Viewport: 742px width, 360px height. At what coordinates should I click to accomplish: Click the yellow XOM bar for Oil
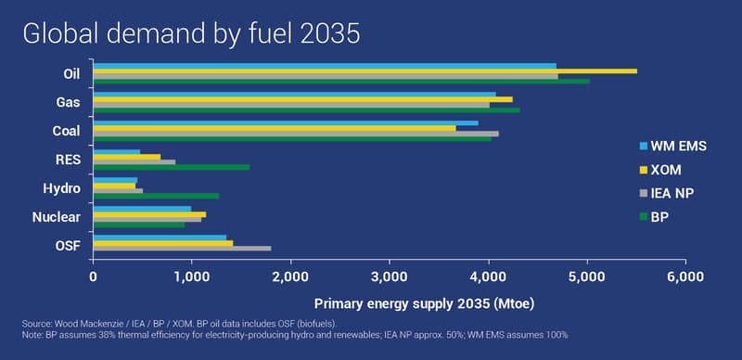click(x=365, y=71)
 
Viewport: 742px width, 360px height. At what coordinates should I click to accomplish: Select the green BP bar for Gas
click(x=307, y=109)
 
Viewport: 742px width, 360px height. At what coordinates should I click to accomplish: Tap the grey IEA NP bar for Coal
click(x=296, y=134)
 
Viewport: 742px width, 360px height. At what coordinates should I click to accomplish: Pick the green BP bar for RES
click(x=172, y=167)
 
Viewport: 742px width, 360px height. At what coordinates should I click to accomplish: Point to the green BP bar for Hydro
click(x=157, y=196)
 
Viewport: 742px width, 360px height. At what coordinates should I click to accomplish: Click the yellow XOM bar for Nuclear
click(x=150, y=214)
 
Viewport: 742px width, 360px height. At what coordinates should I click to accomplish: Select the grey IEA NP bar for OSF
click(x=183, y=249)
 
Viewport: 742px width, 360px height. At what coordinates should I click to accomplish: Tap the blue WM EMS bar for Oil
click(x=326, y=66)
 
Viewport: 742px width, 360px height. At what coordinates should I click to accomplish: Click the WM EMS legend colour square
click(x=643, y=147)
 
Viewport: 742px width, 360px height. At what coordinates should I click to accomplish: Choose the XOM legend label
click(x=666, y=170)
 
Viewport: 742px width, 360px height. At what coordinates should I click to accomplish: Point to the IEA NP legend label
click(x=672, y=193)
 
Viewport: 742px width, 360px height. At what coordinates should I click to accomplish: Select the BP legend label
click(x=659, y=217)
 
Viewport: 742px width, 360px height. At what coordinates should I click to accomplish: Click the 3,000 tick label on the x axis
click(x=390, y=276)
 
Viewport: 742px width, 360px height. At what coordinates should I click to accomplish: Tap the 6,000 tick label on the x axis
click(x=685, y=276)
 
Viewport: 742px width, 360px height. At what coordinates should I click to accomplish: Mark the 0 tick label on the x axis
click(x=94, y=276)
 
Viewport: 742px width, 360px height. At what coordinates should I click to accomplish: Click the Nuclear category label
click(x=57, y=217)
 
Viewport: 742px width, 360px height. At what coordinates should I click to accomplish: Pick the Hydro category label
click(x=61, y=189)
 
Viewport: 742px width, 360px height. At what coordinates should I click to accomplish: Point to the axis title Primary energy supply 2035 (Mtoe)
click(x=425, y=304)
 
